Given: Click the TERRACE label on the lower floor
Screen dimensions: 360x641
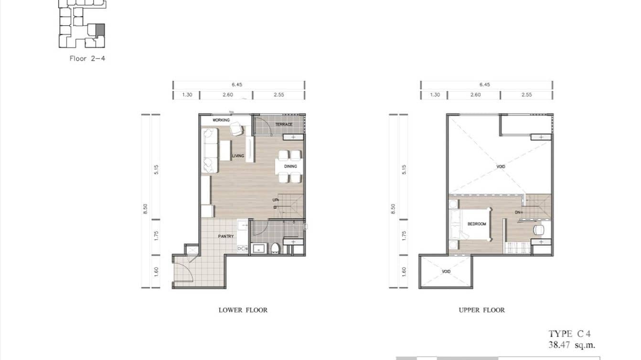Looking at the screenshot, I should coord(283,125).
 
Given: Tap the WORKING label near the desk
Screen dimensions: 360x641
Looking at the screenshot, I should coord(221,120).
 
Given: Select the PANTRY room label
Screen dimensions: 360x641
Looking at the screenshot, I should coord(226,236).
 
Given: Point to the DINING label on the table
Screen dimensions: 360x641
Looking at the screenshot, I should coord(290,167).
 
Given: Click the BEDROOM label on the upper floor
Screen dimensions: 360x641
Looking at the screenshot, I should coord(477,224).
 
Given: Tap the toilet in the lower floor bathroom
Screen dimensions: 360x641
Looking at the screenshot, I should coord(275,248).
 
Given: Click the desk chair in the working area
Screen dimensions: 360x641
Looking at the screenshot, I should coord(236,129).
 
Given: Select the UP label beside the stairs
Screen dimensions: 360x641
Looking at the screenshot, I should coord(276,200).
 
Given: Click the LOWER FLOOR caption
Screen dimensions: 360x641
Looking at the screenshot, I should coord(243,310).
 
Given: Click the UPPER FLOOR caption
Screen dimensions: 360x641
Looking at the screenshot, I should coord(481,310).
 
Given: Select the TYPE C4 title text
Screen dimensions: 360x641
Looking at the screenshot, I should coord(566,334).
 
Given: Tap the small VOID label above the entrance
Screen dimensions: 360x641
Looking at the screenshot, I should coord(446,271).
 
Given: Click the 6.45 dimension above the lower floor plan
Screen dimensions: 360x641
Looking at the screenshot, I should coord(237,85).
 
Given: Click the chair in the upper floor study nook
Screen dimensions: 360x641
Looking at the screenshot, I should coord(538,230).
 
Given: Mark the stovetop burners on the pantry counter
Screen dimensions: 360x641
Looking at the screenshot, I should coord(242,249).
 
